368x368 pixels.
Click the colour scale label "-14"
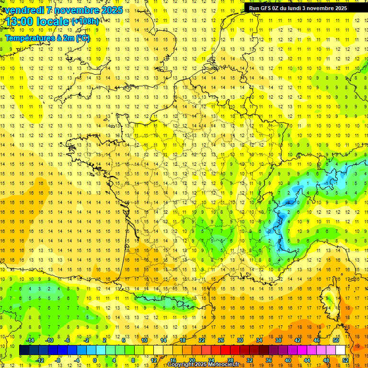point(30,340)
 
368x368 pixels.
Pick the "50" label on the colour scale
point(336,340)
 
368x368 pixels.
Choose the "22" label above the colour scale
point(202,340)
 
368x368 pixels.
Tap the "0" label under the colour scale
point(95,360)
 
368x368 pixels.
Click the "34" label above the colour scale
point(259,340)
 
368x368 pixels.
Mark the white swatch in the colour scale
point(341,350)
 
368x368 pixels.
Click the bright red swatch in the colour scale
point(226,350)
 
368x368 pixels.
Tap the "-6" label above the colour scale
point(68,340)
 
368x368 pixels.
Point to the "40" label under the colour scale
point(288,360)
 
